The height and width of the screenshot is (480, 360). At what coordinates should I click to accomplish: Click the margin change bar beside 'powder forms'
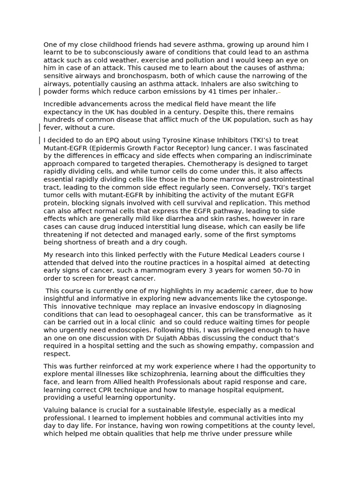(x=39, y=91)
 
